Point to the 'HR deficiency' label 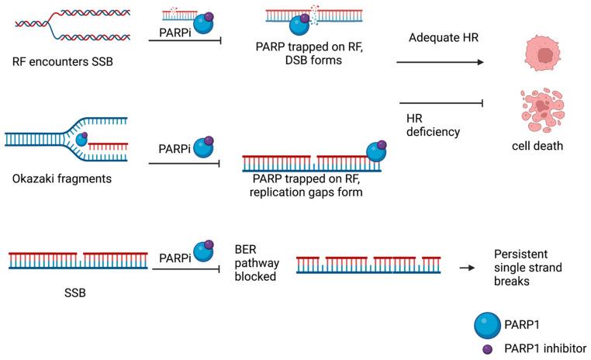433,125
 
